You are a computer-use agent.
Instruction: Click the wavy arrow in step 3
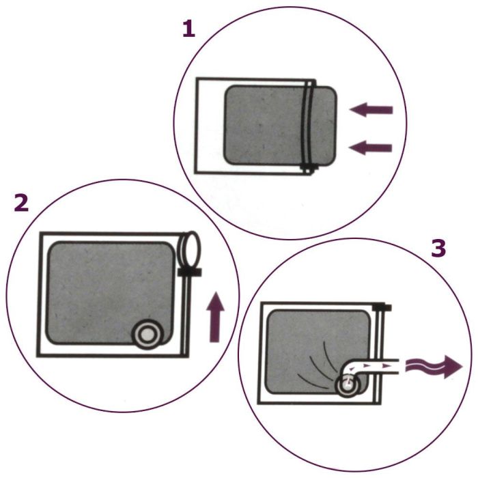[x=433, y=367]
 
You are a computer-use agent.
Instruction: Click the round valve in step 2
[x=147, y=334]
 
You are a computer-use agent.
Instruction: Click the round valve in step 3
[x=347, y=384]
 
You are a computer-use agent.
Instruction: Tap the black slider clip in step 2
[x=188, y=272]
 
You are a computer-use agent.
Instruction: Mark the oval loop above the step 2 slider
[x=189, y=250]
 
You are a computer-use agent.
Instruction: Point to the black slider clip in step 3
[x=383, y=308]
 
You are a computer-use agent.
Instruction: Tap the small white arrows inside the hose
[x=369, y=367]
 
